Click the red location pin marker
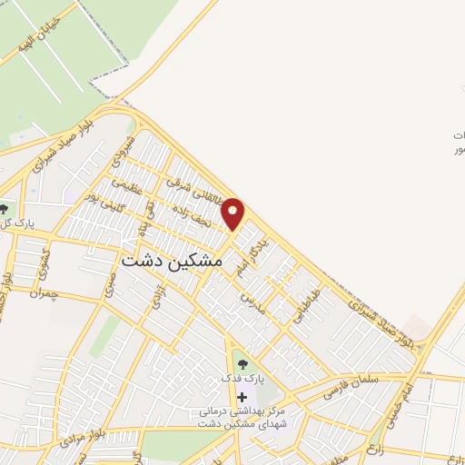pyautogui.click(x=233, y=213)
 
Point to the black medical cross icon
pyautogui.click(x=242, y=396)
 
